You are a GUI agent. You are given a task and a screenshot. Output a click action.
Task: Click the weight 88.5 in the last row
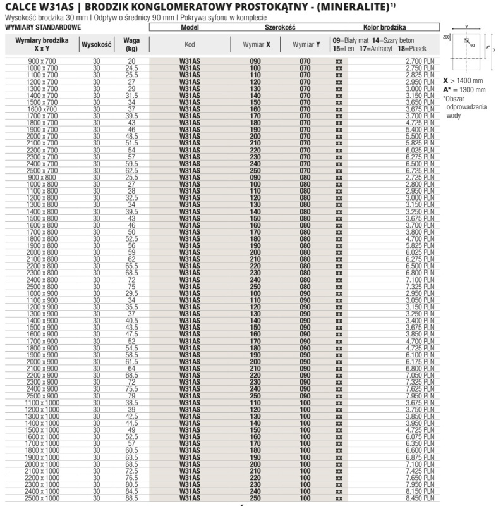pyautogui.click(x=131, y=498)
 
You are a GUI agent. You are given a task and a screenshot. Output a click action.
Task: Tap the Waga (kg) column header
pyautogui.click(x=131, y=44)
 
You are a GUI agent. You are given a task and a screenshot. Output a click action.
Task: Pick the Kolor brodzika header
pyautogui.click(x=384, y=28)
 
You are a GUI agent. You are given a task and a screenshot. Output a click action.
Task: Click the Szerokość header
pyautogui.click(x=279, y=28)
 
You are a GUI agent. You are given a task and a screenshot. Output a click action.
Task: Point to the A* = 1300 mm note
pyautogui.click(x=464, y=90)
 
